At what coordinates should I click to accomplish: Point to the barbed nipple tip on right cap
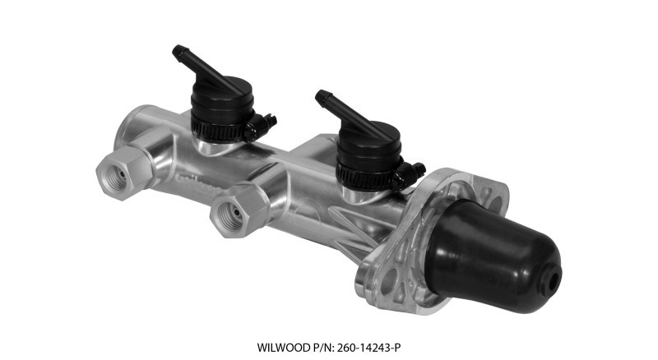[x=320, y=95]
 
